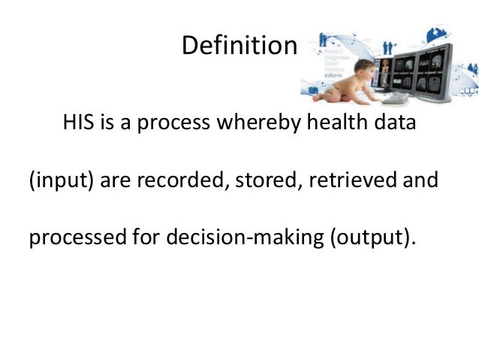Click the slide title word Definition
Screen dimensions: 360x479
click(239, 47)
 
